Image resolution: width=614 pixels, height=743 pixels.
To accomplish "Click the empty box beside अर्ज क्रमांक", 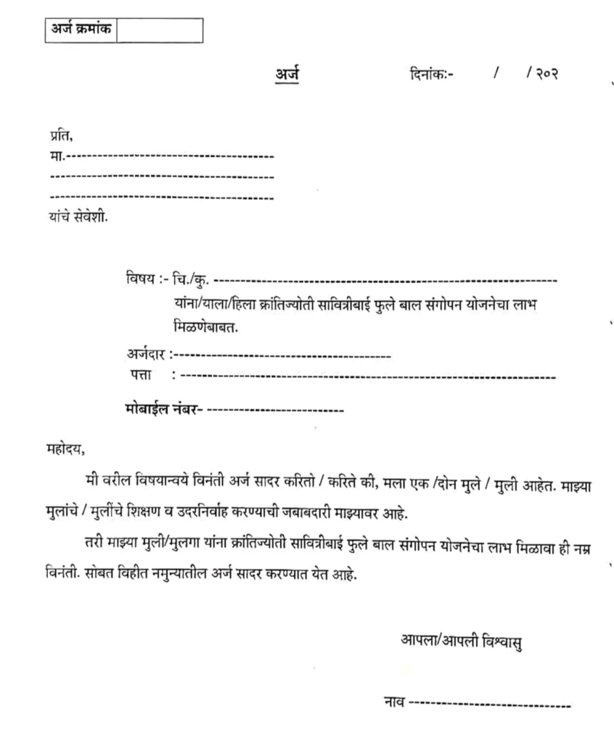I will pyautogui.click(x=159, y=30).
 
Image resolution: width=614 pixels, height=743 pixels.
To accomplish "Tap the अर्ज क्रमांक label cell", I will pyautogui.click(x=81, y=30).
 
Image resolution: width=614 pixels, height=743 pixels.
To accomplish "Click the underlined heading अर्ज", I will pyautogui.click(x=287, y=73).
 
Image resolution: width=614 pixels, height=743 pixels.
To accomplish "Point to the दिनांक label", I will pyautogui.click(x=430, y=74).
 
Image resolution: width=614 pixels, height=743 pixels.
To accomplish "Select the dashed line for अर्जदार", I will pyautogui.click(x=283, y=356).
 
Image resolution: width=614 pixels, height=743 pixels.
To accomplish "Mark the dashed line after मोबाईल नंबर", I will pyautogui.click(x=275, y=411).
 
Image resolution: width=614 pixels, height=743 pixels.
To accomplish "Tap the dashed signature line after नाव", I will pyautogui.click(x=491, y=704).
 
